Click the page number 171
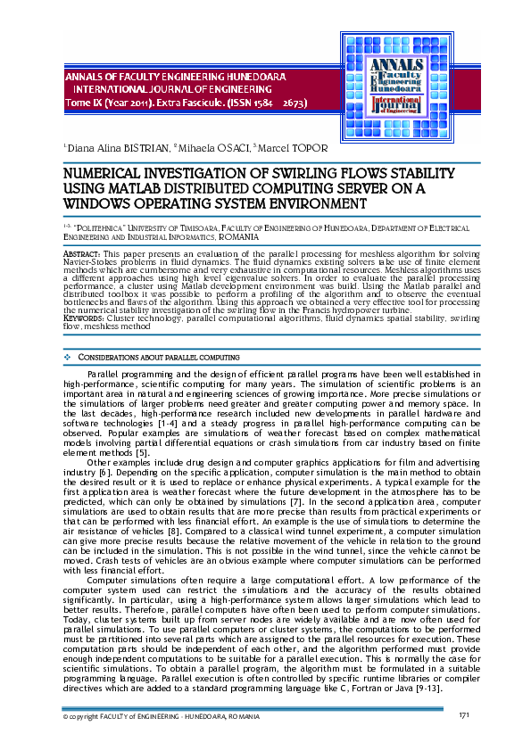coord(464,715)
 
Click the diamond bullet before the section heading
coord(69,357)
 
